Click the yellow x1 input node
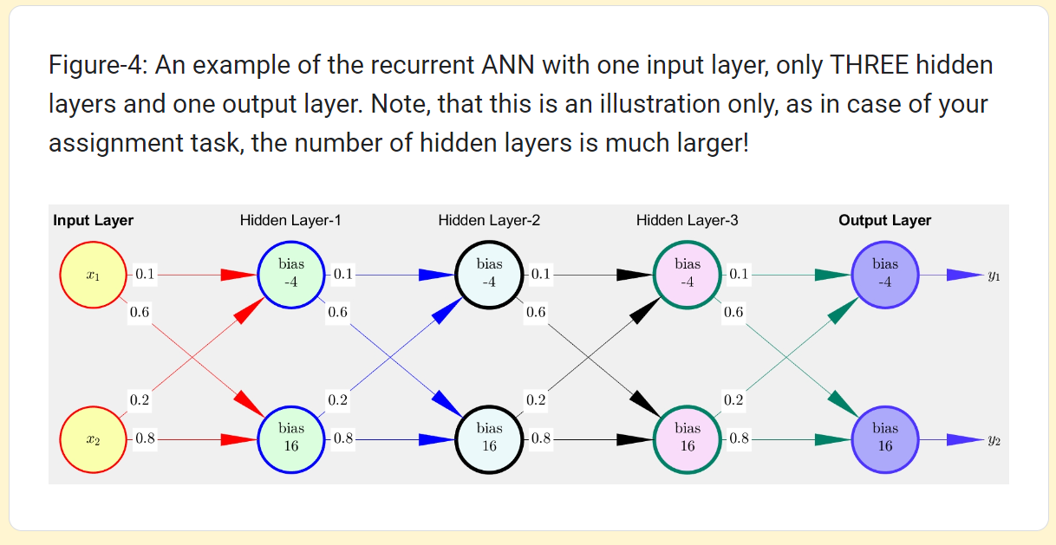tap(94, 275)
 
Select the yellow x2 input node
tap(94, 439)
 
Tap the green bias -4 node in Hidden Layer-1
tap(291, 275)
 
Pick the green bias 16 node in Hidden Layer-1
tap(291, 439)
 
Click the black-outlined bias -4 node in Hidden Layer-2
tap(489, 275)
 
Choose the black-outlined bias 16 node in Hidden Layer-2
tap(489, 439)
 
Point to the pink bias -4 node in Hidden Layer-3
tap(688, 275)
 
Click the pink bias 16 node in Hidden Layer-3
tap(688, 439)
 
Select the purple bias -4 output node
tap(885, 275)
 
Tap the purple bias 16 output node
tap(885, 439)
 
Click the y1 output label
tap(994, 276)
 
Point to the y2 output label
tap(994, 440)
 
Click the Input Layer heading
tap(94, 220)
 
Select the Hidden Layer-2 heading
tap(489, 220)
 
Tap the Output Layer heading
tap(885, 220)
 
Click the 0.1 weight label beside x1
tap(145, 274)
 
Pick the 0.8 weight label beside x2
tap(145, 438)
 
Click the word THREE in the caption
tap(869, 64)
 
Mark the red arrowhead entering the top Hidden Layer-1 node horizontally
tap(238, 275)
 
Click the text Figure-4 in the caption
tap(95, 66)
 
